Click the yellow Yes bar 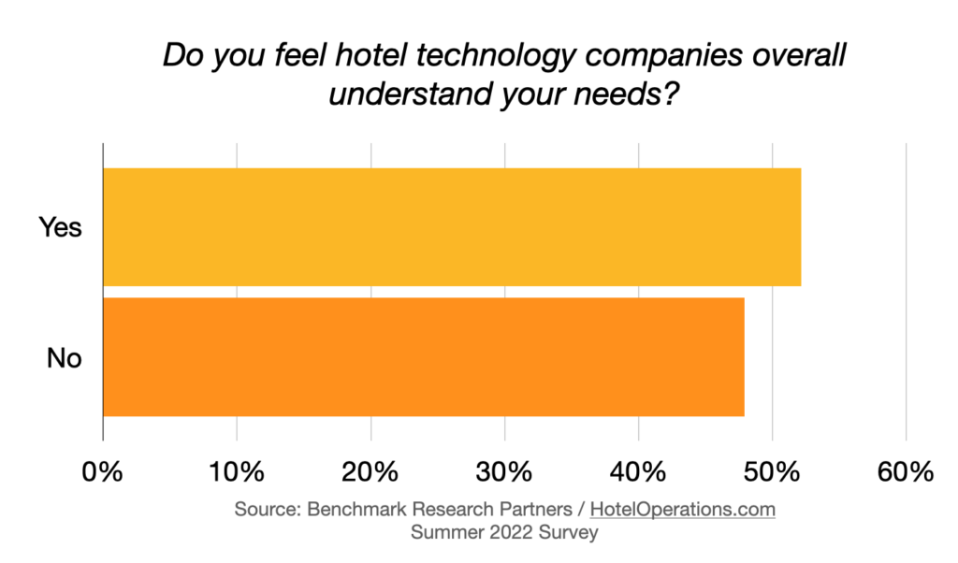click(452, 227)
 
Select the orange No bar click(423, 356)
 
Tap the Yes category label click(61, 227)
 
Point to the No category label click(65, 357)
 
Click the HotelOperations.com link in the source click(682, 510)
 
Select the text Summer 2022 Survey click(504, 532)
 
